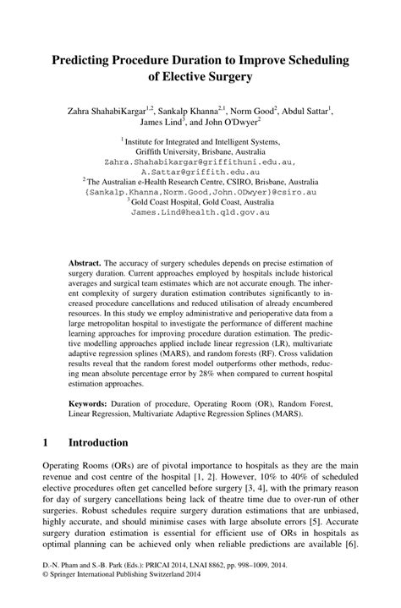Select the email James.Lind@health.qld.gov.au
[200, 211]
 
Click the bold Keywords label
[91, 403]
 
